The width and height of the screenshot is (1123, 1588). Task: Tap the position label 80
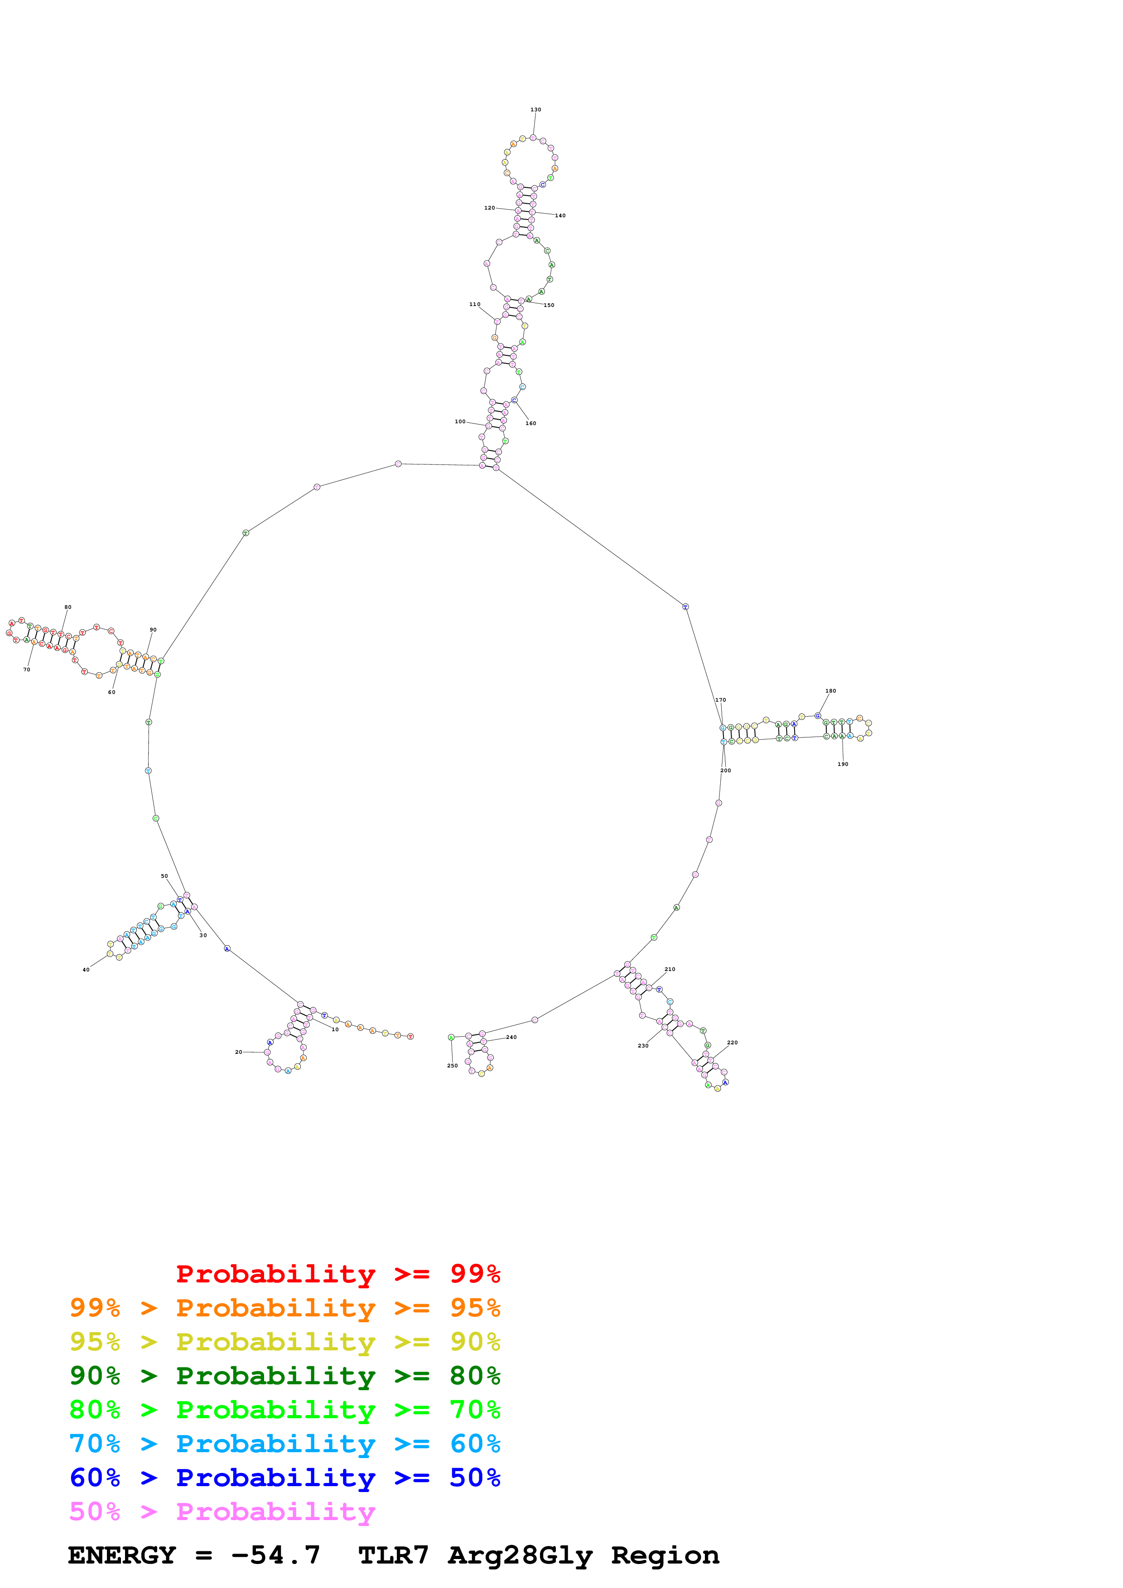coord(68,607)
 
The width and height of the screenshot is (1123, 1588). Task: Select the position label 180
coord(830,691)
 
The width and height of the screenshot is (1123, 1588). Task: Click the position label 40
coord(86,970)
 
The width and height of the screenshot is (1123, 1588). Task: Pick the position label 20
coord(239,1052)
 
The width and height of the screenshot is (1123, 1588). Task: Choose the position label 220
coord(732,1043)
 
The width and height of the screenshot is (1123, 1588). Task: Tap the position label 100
coord(460,421)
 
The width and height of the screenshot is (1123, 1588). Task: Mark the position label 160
coord(531,423)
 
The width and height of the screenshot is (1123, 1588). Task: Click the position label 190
coord(843,764)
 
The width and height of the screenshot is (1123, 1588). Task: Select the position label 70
coord(26,670)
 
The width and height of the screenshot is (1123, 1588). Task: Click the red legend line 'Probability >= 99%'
coord(337,1274)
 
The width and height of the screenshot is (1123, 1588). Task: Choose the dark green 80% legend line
coord(284,1376)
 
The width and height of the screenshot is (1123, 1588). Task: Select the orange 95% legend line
coord(284,1308)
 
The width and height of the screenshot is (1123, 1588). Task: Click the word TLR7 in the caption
coord(393,1555)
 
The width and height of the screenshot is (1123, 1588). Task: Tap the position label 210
coord(670,969)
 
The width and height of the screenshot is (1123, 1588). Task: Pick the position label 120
coord(489,207)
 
